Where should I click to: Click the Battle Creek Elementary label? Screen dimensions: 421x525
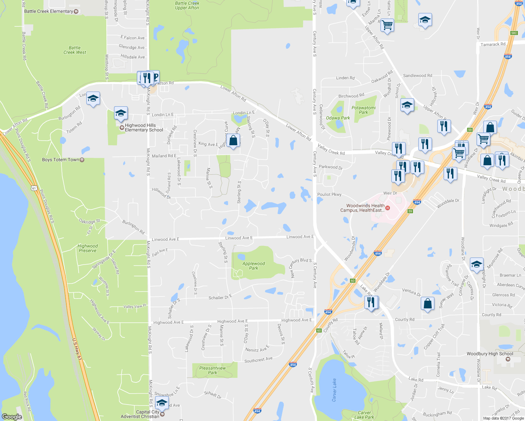[48, 11]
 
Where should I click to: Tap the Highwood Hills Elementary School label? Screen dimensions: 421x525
[144, 128]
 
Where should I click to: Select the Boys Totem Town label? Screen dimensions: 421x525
[60, 160]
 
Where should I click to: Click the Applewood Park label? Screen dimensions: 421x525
[253, 266]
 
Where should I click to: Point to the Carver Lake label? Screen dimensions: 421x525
[334, 390]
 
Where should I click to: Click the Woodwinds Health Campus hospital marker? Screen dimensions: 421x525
[387, 208]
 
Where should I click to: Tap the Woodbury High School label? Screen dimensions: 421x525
[490, 354]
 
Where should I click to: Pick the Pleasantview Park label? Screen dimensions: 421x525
[212, 370]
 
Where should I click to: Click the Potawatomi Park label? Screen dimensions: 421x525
[364, 110]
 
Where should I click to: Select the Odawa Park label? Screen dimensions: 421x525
[338, 118]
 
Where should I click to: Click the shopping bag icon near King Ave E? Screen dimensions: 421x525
[233, 141]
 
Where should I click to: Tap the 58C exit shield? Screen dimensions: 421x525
[514, 33]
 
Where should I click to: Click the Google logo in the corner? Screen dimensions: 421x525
[12, 416]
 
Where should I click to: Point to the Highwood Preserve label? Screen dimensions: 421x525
[88, 248]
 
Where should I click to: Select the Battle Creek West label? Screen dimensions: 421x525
[75, 50]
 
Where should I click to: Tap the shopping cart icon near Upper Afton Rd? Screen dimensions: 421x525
[387, 25]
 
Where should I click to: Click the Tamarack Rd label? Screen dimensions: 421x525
[493, 44]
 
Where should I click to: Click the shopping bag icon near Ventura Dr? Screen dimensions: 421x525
[427, 303]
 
